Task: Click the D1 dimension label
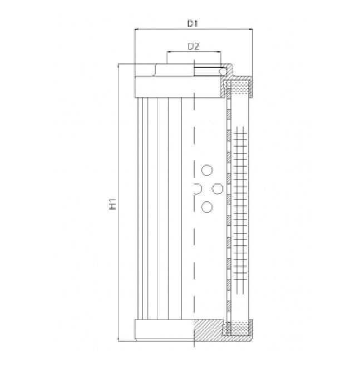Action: coord(193,23)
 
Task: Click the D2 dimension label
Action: coord(193,46)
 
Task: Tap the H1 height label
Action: coord(113,204)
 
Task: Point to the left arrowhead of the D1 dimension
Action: coord(136,31)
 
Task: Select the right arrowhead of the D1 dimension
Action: coord(252,31)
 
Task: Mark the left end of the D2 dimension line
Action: coord(167,53)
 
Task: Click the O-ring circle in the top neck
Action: coord(222,71)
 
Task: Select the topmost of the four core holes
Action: coord(207,170)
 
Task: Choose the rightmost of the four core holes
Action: coord(218,188)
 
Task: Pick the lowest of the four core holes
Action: coord(207,207)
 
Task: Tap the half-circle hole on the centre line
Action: coord(196,189)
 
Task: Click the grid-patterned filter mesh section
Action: coord(240,206)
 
